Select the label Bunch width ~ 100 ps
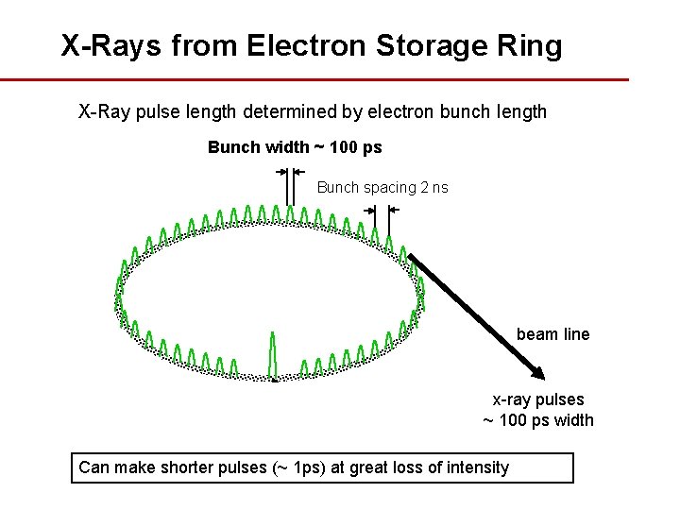click(x=295, y=147)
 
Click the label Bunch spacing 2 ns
click(x=382, y=187)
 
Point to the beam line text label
click(x=552, y=333)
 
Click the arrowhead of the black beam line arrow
click(x=536, y=370)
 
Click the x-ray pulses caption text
click(x=538, y=399)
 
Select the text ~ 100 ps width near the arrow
click(x=538, y=420)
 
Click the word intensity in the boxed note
click(x=476, y=467)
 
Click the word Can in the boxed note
click(x=93, y=467)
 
